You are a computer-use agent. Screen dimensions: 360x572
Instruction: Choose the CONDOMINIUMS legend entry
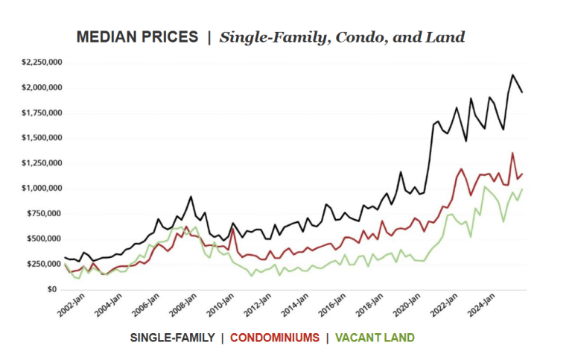pyautogui.click(x=275, y=338)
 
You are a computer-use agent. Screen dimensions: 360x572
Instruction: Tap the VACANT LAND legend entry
pyautogui.click(x=375, y=338)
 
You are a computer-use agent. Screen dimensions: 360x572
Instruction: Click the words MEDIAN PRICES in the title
pyautogui.click(x=138, y=37)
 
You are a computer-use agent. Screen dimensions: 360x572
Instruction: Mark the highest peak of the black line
pyautogui.click(x=512, y=75)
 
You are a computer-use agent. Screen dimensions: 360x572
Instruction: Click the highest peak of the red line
pyautogui.click(x=512, y=154)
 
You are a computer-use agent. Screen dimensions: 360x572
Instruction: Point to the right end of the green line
pyautogui.click(x=522, y=189)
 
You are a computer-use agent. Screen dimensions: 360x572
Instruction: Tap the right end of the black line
pyautogui.click(x=522, y=92)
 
